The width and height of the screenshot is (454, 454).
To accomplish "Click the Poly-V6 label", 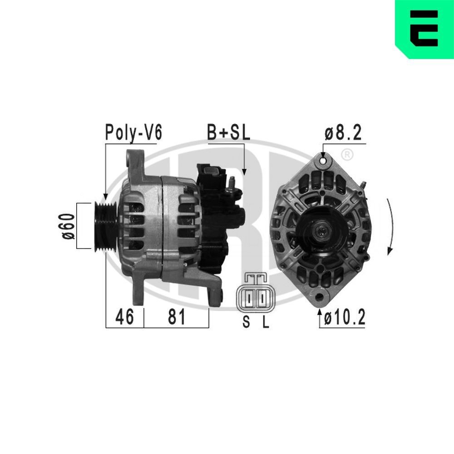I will coord(133,133).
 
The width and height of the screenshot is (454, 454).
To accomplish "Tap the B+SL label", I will coord(229,133).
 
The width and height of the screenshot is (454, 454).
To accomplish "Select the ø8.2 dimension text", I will coord(343,133).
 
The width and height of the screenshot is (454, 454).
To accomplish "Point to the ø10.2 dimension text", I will coord(345,318).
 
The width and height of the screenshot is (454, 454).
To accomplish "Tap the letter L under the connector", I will coord(266,322).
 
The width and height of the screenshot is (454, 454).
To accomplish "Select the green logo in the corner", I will coord(424,29).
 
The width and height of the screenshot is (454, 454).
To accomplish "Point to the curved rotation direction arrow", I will coord(390,227).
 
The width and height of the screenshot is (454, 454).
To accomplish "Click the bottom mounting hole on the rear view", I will coord(323,297).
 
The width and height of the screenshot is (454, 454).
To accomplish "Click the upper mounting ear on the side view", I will coord(134,161).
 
